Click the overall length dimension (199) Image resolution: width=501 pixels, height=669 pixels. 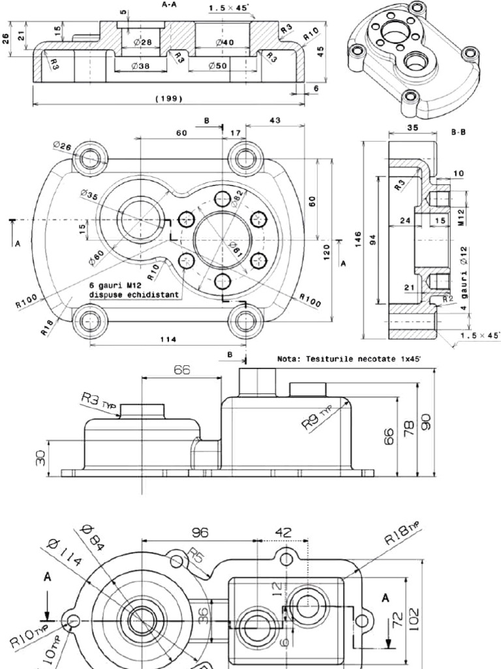[168, 99]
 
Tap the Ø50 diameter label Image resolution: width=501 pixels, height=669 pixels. [219, 66]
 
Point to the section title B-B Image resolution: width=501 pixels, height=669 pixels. [459, 131]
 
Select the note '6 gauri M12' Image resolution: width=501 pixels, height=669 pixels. [117, 286]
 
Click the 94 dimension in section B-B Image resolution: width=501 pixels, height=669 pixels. [372, 239]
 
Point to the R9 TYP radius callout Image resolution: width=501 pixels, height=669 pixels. [317, 419]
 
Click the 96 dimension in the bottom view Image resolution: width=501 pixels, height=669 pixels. [200, 532]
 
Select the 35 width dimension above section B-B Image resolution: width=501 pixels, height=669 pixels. [412, 129]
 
